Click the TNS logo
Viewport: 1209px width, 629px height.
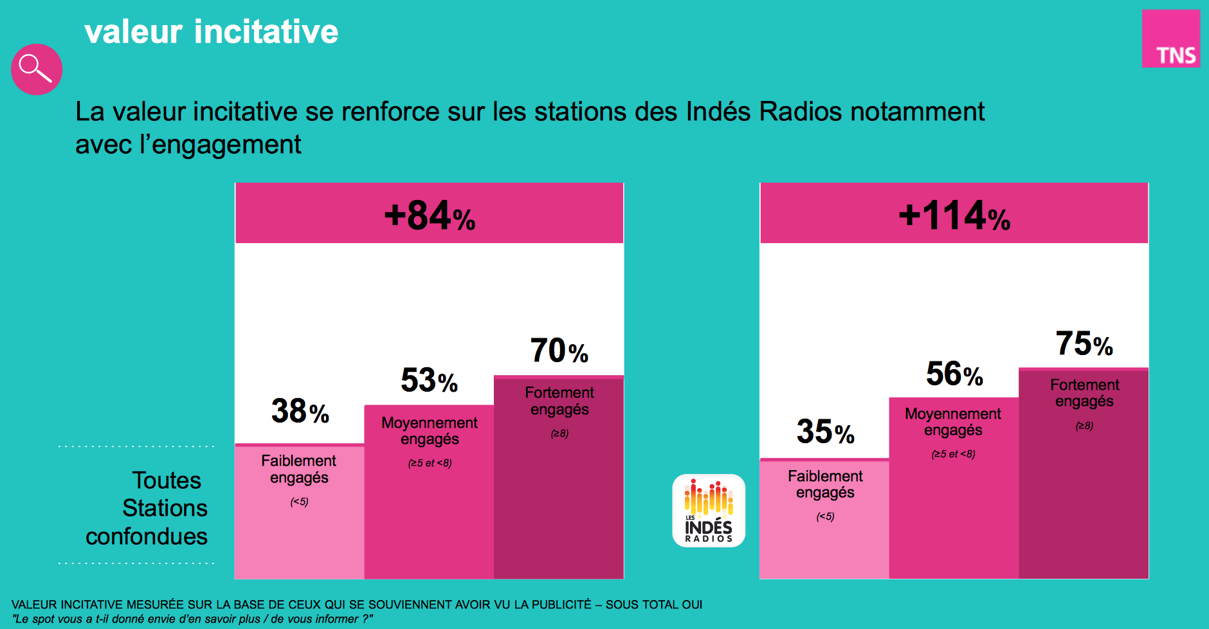tap(1170, 39)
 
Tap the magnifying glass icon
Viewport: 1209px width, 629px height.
tap(36, 69)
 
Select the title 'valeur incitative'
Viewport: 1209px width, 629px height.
tap(211, 32)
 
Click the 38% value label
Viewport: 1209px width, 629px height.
tap(300, 411)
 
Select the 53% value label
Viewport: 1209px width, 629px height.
tap(429, 380)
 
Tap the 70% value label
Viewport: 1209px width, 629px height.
tap(559, 351)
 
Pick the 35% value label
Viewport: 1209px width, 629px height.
tap(825, 432)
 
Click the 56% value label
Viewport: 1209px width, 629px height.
tap(954, 374)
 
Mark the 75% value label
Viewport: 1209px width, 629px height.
tap(1084, 343)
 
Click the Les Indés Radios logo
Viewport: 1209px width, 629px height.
tap(709, 511)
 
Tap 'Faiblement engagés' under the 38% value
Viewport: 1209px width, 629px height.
tap(299, 469)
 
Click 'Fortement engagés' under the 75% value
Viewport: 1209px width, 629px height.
tap(1084, 393)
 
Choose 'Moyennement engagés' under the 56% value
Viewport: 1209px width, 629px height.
tap(953, 422)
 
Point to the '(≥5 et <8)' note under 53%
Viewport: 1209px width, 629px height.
tap(430, 463)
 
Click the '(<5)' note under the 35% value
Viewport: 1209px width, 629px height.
tap(825, 516)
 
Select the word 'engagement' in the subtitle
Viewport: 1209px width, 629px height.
tap(226, 145)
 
